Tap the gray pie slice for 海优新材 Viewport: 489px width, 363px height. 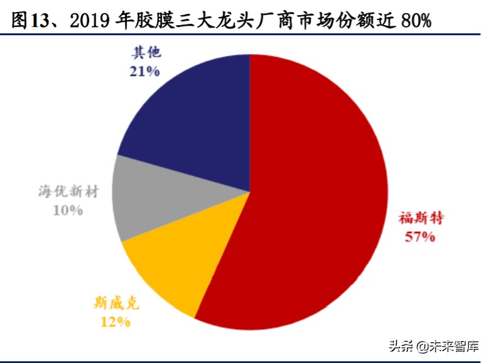coord(141,201)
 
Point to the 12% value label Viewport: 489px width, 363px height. coord(116,322)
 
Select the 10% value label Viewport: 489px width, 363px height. coord(68,210)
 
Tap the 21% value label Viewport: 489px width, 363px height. coord(145,71)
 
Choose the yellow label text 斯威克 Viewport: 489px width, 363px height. coord(116,305)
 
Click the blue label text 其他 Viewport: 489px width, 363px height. coord(146,53)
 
